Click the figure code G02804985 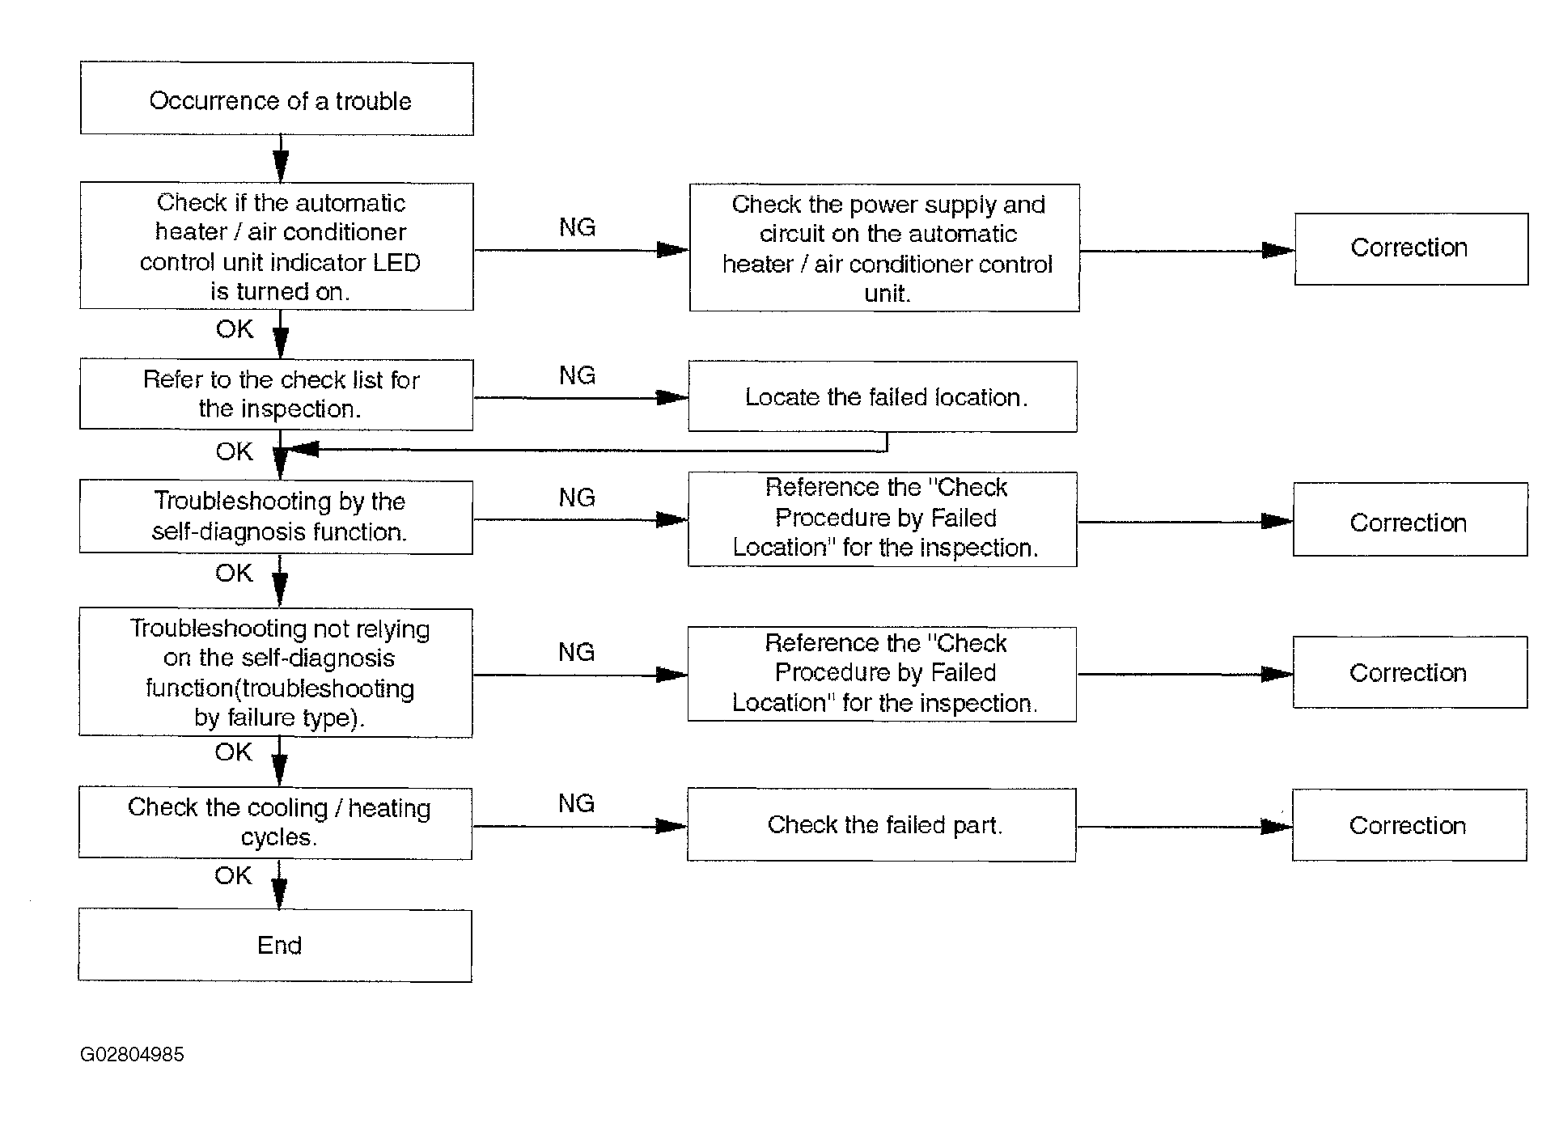coord(132,1055)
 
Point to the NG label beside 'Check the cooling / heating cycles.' coord(576,803)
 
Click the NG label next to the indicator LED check coord(577,227)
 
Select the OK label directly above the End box coord(233,875)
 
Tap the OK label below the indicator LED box coord(235,329)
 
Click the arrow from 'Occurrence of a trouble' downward coord(281,159)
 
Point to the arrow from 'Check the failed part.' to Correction coord(1184,827)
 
